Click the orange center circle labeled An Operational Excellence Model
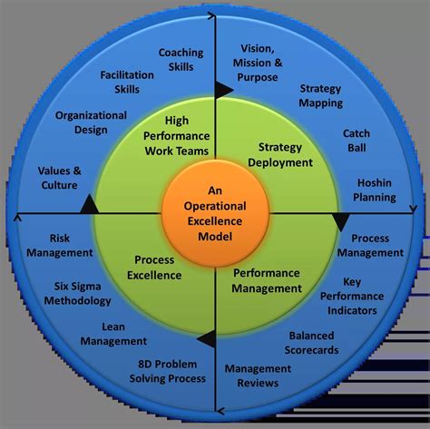point(215,213)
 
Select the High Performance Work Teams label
point(175,135)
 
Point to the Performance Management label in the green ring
point(268,280)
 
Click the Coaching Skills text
point(181,60)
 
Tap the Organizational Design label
point(90,122)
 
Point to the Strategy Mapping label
point(321,96)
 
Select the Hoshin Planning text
point(376,190)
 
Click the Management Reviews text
point(258,375)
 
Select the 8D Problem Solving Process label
point(165,370)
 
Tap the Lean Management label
point(113,334)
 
